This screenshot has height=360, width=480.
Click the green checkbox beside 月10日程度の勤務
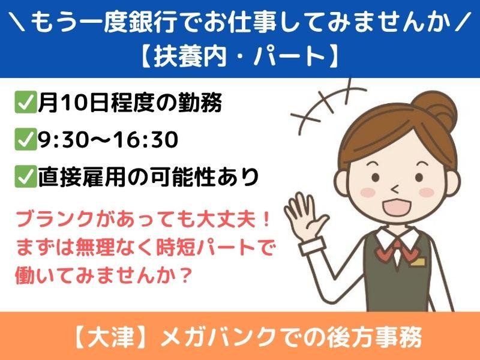pyautogui.click(x=26, y=103)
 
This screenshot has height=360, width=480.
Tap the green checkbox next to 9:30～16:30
pyautogui.click(x=26, y=140)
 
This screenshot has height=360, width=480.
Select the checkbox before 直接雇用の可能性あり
pyautogui.click(x=26, y=176)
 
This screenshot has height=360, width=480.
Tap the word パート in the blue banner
pyautogui.click(x=289, y=56)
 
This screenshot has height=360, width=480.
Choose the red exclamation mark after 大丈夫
pyautogui.click(x=266, y=220)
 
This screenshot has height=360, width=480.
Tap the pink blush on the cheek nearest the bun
pyautogui.click(x=427, y=192)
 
